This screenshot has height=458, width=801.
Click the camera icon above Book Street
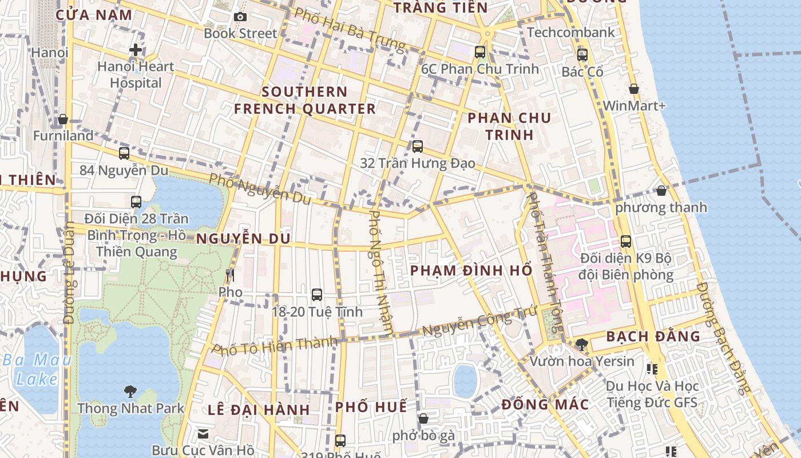tap(240, 17)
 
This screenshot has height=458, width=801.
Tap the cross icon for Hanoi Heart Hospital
tap(136, 50)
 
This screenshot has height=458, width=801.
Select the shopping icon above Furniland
tap(63, 119)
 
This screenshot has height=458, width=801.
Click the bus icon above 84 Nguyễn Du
tap(124, 153)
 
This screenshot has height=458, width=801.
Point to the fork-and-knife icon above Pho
tap(230, 275)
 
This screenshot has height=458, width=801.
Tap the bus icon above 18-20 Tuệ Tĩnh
tap(317, 295)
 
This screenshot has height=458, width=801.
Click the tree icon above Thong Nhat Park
tap(130, 392)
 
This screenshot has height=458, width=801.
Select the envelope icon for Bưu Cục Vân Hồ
tap(203, 433)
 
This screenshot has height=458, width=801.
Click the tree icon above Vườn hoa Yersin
tap(582, 344)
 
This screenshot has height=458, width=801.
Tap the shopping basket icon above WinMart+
tap(634, 89)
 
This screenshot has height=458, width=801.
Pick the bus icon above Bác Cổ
tap(582, 55)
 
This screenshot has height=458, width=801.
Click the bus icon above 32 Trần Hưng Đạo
tap(418, 147)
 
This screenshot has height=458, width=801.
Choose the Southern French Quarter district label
tap(304, 100)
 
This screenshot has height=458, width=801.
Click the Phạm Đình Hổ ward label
tap(471, 270)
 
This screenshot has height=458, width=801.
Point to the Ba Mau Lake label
tap(37, 369)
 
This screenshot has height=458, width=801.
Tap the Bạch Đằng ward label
tap(653, 336)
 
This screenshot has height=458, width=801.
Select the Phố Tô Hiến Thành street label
tap(275, 346)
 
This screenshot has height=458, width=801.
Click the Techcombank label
tap(570, 32)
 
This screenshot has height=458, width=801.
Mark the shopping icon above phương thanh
tap(661, 191)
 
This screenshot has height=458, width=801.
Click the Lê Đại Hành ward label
tap(259, 410)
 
